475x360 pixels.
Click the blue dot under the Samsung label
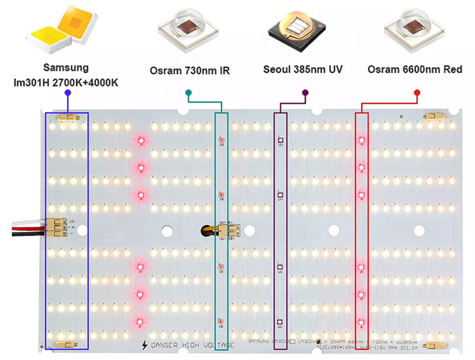point(67,93)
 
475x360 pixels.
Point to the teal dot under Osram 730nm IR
point(188,93)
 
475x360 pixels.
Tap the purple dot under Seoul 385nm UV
point(305,93)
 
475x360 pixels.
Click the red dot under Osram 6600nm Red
point(416,93)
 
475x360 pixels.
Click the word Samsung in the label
point(66,67)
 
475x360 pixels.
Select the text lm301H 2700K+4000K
point(66,82)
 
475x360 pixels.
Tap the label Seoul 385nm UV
point(303,69)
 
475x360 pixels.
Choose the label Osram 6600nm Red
point(415,70)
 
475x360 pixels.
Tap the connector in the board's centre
point(231,230)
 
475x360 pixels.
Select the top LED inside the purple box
point(280,141)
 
